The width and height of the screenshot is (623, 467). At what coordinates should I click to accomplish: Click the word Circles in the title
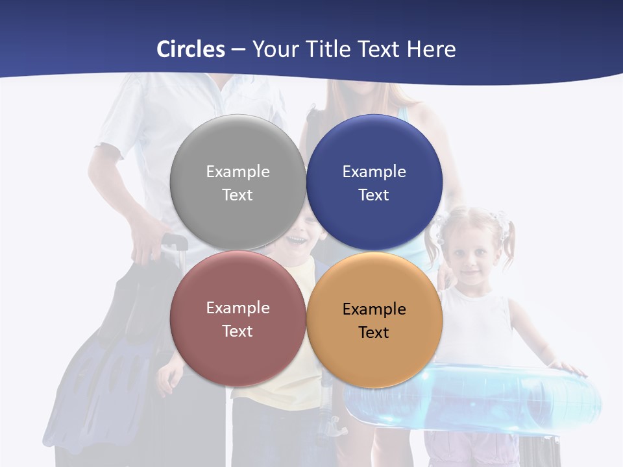[x=191, y=49]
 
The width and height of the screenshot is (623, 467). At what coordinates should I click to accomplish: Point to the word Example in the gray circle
[x=238, y=172]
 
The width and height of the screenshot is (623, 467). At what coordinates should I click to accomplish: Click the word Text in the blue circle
[x=374, y=195]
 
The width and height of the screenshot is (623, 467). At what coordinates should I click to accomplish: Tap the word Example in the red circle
[x=238, y=308]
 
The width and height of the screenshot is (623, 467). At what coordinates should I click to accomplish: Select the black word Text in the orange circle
[x=374, y=333]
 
